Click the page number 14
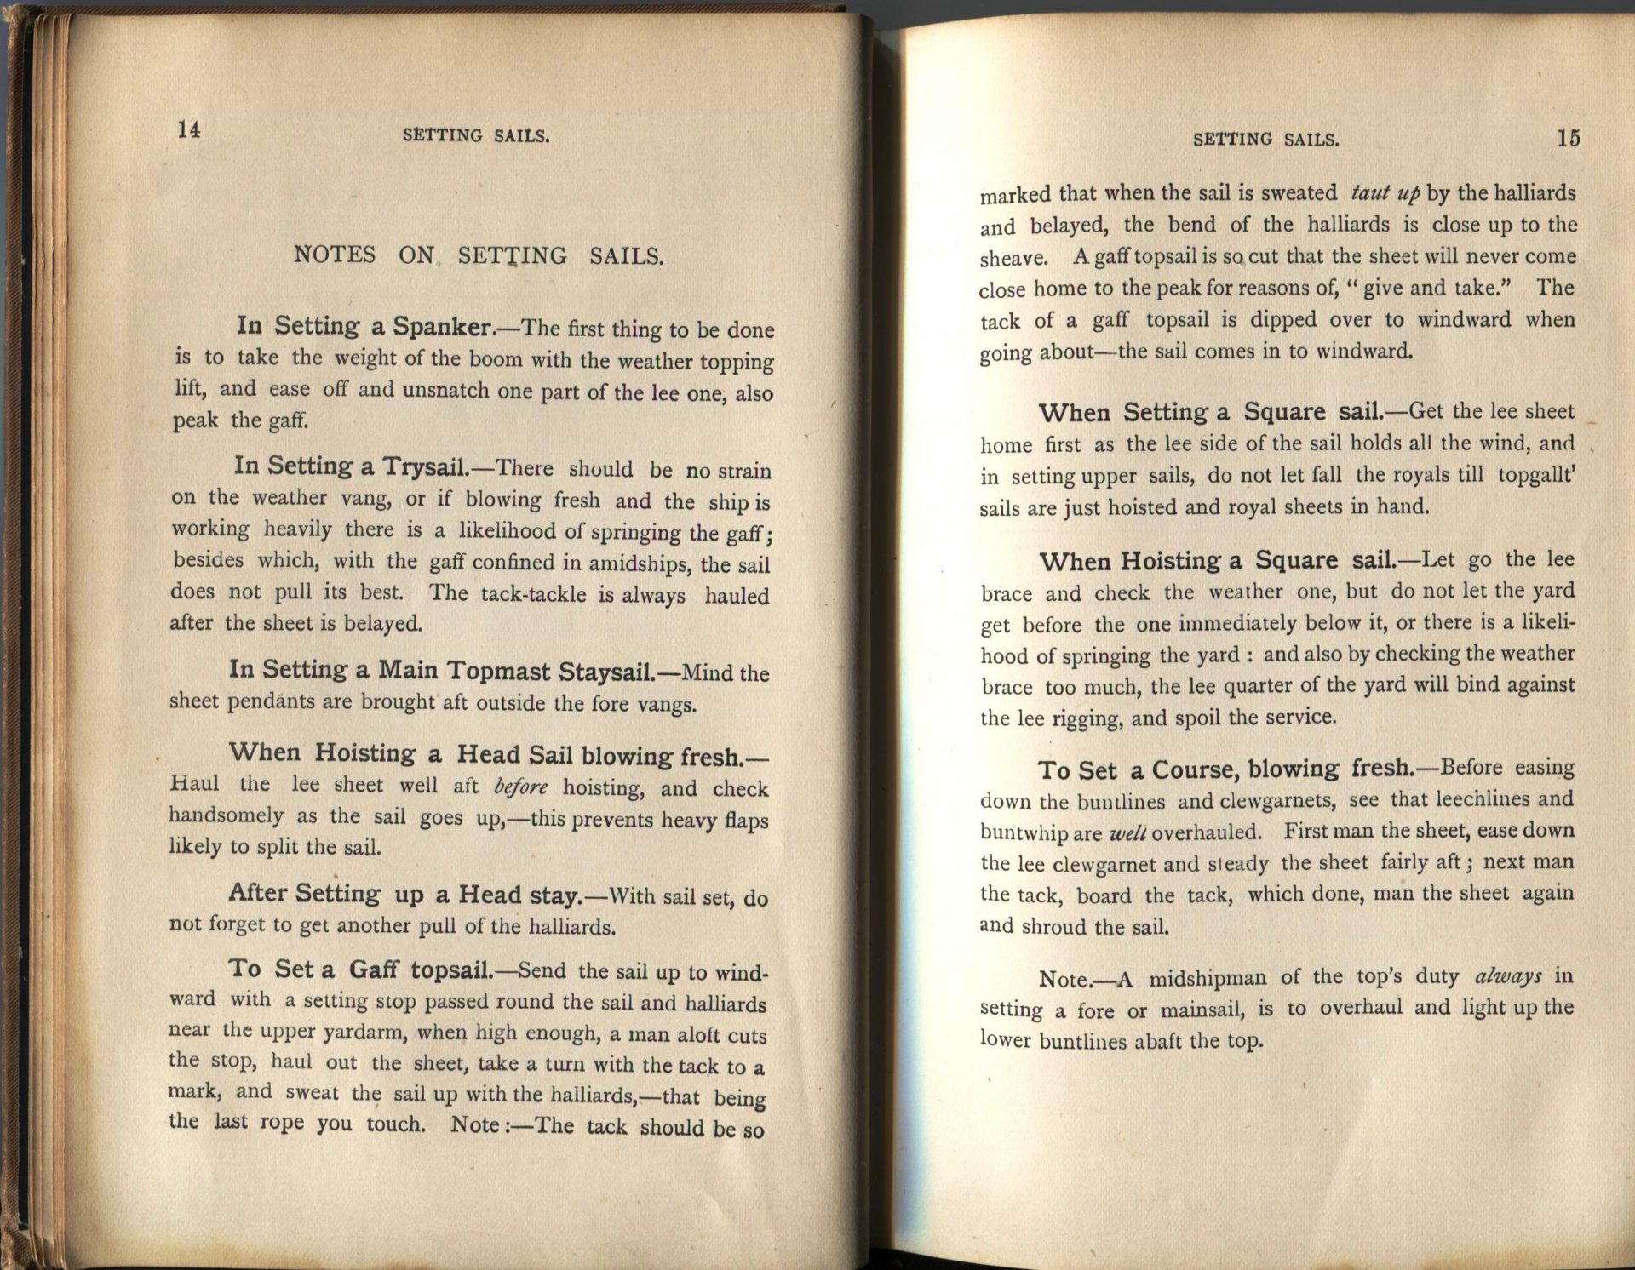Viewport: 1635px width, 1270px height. click(189, 129)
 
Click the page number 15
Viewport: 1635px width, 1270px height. click(1569, 138)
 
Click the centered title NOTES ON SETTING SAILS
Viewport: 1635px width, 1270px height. click(478, 255)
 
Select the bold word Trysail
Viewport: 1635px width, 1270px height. click(423, 467)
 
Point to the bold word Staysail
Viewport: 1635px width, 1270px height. click(605, 672)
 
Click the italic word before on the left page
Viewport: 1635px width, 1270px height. click(521, 787)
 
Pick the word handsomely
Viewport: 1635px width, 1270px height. click(226, 815)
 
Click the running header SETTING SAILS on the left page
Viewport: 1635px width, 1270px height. click(476, 135)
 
